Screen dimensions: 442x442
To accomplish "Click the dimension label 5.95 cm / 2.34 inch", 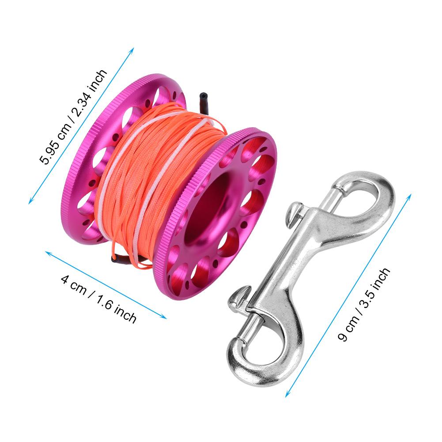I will (x=73, y=117).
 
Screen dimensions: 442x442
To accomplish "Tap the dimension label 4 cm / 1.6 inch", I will (x=98, y=299).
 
